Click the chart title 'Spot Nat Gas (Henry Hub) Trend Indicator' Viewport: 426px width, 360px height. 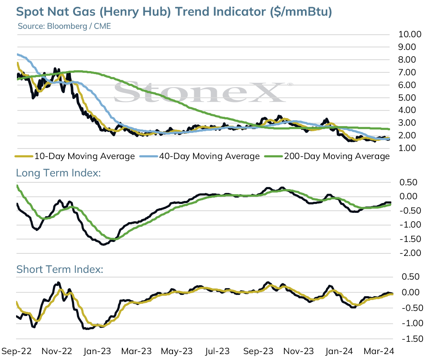coord(141,12)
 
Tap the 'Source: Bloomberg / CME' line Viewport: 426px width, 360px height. coord(64,26)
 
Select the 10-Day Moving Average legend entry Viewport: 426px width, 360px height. coord(75,156)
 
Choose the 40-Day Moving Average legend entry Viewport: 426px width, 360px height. coord(200,156)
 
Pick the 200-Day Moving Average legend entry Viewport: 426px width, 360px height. coord(327,156)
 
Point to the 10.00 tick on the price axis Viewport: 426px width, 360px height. coord(410,34)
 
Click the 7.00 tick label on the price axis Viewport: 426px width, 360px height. coord(407,72)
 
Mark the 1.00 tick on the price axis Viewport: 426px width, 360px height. coord(407,148)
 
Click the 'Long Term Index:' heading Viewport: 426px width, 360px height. coord(58,173)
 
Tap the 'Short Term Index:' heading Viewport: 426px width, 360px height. coord(60,269)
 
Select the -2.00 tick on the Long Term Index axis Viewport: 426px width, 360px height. coord(410,253)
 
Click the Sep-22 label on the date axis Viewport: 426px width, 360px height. coord(16,351)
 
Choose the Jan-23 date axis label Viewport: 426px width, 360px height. coord(97,351)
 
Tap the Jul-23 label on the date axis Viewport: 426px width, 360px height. coord(217,351)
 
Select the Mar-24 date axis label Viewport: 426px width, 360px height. coord(379,351)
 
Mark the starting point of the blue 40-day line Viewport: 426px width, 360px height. coord(17,54)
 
